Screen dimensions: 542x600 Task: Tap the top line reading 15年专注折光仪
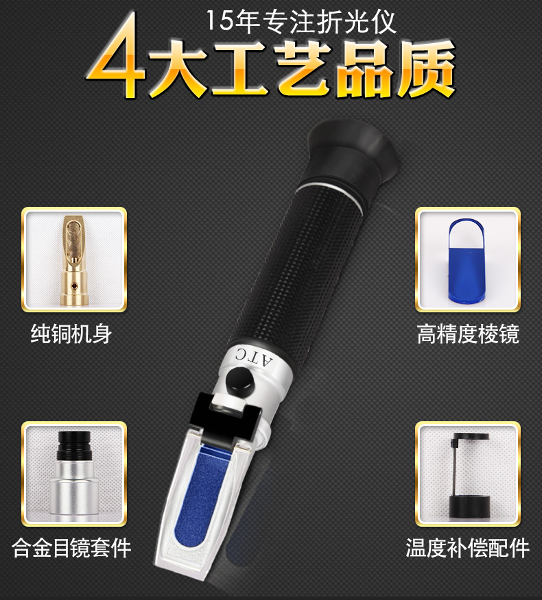click(x=301, y=21)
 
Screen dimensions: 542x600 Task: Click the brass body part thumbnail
click(x=74, y=260)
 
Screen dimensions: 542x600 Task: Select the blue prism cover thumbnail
click(x=468, y=260)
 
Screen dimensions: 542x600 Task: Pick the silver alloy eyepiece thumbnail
click(x=74, y=474)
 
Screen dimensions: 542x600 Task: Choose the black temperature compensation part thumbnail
click(x=468, y=474)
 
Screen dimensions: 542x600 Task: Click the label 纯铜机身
click(x=71, y=334)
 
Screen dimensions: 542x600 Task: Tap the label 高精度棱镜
click(x=468, y=334)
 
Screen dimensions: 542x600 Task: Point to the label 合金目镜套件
click(x=71, y=547)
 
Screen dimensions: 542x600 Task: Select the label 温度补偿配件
click(x=468, y=547)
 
